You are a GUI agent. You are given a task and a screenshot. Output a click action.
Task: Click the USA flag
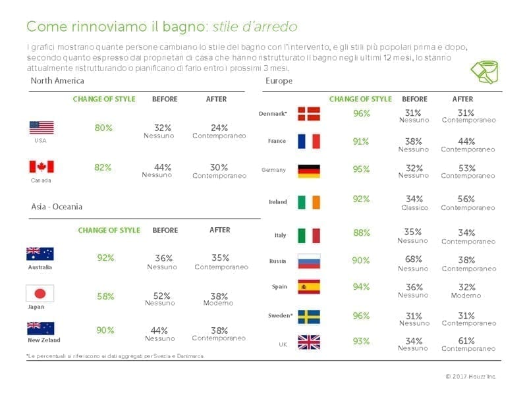pyautogui.click(x=42, y=128)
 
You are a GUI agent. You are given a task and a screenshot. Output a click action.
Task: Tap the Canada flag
pyautogui.click(x=42, y=167)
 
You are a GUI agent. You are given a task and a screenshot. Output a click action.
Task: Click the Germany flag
pyautogui.click(x=309, y=171)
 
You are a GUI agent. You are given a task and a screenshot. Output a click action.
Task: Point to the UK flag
pyautogui.click(x=309, y=342)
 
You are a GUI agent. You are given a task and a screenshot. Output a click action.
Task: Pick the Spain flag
pyautogui.click(x=309, y=287)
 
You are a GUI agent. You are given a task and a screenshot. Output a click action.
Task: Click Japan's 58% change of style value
pyautogui.click(x=105, y=296)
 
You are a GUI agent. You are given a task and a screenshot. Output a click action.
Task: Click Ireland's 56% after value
pyautogui.click(x=468, y=199)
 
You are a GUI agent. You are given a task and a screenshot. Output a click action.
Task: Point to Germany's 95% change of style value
pyautogui.click(x=361, y=169)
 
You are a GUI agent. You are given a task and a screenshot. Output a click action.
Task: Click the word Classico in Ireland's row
pyautogui.click(x=414, y=208)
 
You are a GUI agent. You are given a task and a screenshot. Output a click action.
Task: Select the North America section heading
pyautogui.click(x=57, y=81)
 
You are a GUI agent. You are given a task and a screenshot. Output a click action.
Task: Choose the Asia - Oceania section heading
pyautogui.click(x=57, y=207)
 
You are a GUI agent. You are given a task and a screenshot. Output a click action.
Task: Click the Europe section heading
pyautogui.click(x=279, y=81)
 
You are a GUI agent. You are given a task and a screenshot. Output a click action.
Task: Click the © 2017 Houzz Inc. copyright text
pyautogui.click(x=470, y=376)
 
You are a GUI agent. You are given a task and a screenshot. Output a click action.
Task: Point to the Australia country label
pyautogui.click(x=40, y=267)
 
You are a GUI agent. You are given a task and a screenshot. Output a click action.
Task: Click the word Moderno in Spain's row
pyautogui.click(x=466, y=296)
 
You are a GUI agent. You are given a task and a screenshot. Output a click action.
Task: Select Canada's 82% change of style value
pyautogui.click(x=103, y=167)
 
